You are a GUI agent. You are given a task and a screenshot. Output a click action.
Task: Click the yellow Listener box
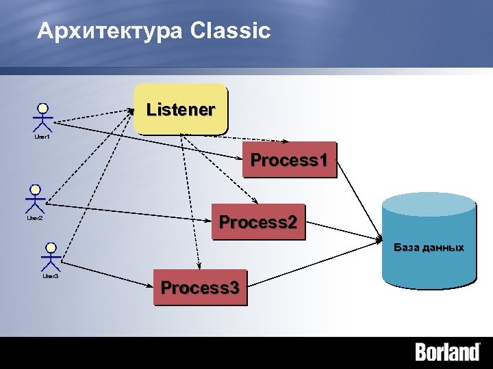tap(180, 108)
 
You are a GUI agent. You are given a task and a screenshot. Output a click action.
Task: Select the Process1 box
tap(290, 160)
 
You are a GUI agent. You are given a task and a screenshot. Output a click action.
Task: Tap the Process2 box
tap(257, 221)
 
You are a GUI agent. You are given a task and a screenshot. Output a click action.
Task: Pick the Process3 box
tap(200, 287)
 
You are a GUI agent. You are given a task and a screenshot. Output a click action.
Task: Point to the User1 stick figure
tap(42, 119)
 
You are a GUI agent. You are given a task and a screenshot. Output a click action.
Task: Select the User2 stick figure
tap(35, 200)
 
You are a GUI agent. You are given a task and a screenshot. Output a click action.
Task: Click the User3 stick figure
tap(50, 258)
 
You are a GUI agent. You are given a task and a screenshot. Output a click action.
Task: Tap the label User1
tap(42, 137)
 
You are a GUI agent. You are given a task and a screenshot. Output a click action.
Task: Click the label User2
tap(35, 219)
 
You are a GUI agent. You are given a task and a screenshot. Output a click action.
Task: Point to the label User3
tap(51, 277)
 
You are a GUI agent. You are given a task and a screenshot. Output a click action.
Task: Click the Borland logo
tap(447, 353)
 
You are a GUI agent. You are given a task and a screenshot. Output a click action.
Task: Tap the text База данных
tap(429, 247)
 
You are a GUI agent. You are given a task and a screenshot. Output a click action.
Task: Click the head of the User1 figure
tap(42, 108)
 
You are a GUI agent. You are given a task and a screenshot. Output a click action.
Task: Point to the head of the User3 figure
tap(50, 247)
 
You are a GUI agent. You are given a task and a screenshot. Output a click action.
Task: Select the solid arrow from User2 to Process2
tap(127, 212)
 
